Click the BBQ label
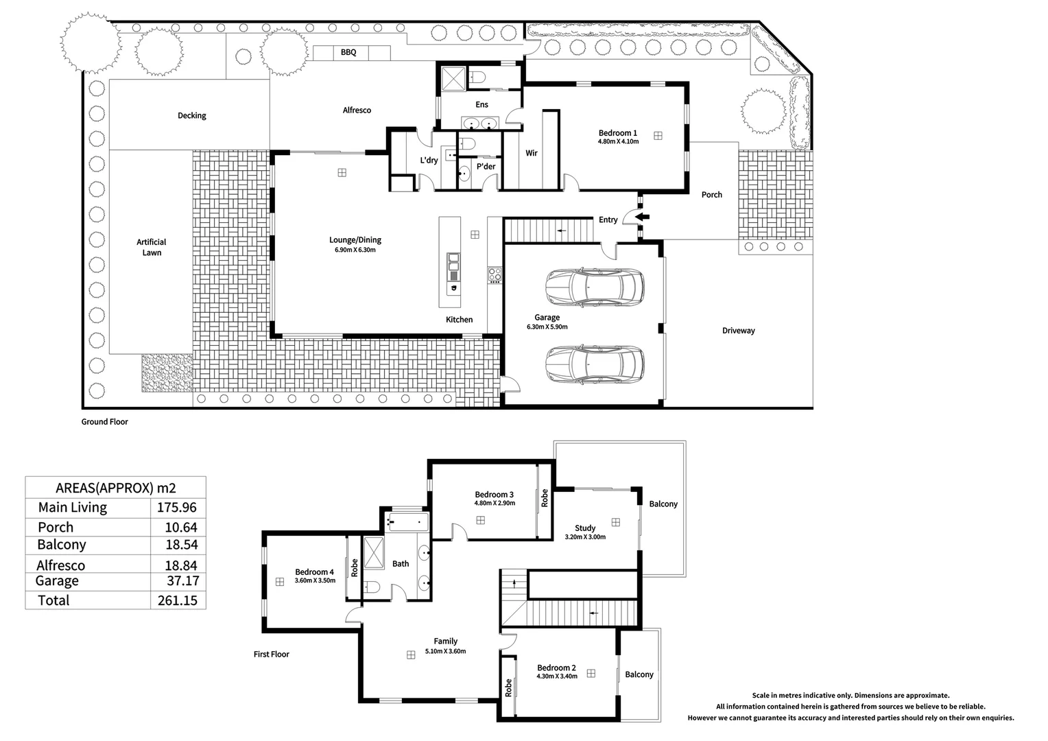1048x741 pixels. pos(348,52)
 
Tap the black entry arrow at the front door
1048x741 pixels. pos(642,217)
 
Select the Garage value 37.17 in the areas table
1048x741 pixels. pos(183,581)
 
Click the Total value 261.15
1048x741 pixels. pos(178,600)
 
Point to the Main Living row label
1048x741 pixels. pos(73,508)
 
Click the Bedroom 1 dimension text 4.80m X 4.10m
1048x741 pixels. pos(618,141)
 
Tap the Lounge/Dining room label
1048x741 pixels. pos(355,240)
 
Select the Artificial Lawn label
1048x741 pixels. pos(152,247)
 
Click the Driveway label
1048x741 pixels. pos(738,331)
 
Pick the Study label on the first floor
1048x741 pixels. pos(585,528)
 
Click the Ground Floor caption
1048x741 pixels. pos(104,422)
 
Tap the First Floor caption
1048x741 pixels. pos(272,654)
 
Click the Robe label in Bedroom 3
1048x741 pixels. pos(545,498)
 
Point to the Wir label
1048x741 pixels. pos(531,153)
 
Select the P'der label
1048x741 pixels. pos(486,167)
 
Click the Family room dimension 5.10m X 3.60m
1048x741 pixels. pos(445,651)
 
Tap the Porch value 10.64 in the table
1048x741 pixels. pos(181,528)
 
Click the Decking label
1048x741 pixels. pos(192,116)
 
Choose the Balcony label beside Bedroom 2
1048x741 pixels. pos(639,674)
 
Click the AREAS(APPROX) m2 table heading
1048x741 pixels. pos(115,489)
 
